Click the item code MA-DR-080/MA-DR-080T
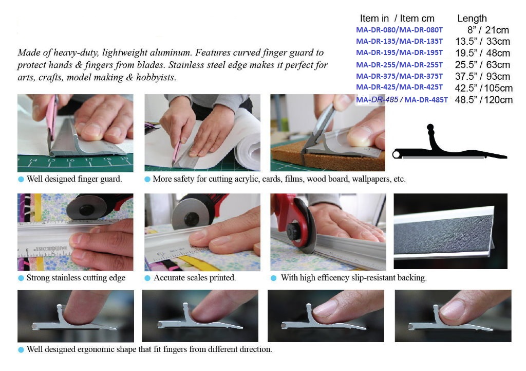click(x=399, y=30)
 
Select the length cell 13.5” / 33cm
click(x=482, y=41)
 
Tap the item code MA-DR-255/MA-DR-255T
click(x=399, y=65)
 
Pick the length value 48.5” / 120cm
click(x=483, y=100)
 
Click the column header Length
click(x=472, y=19)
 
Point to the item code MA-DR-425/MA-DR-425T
click(x=399, y=87)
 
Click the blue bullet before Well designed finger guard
click(x=21, y=180)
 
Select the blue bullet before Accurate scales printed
click(x=147, y=278)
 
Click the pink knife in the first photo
click(x=52, y=116)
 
